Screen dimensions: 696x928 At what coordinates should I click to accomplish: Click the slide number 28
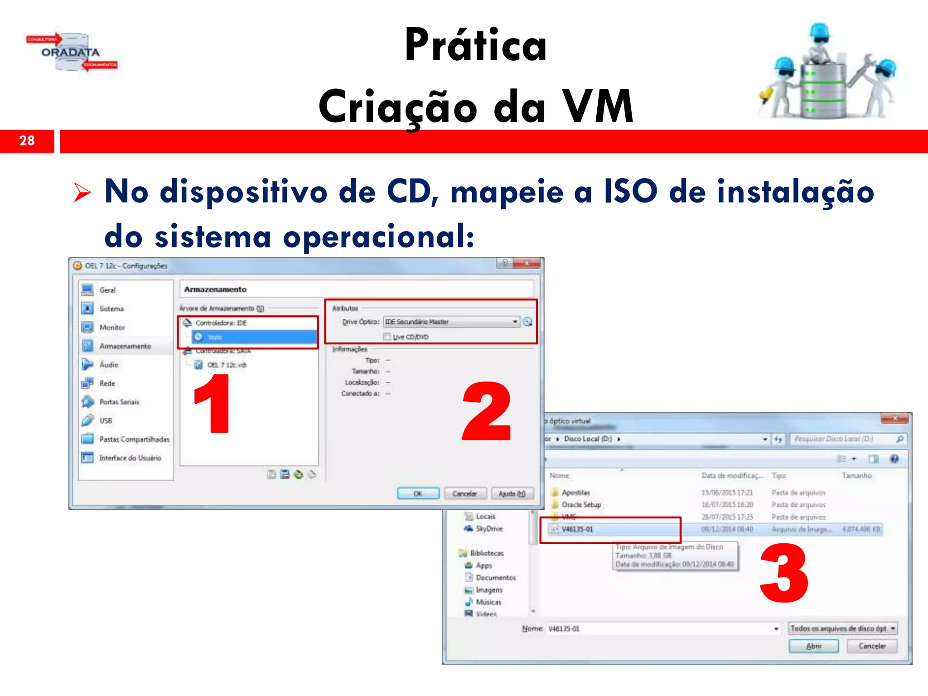click(27, 141)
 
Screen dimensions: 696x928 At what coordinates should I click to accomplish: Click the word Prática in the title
click(476, 45)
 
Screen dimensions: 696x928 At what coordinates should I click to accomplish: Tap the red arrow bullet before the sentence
click(82, 192)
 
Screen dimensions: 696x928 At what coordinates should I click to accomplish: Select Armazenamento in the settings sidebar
click(125, 346)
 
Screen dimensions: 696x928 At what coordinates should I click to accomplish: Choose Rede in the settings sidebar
click(107, 383)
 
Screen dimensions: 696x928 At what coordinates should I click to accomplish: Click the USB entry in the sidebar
click(106, 420)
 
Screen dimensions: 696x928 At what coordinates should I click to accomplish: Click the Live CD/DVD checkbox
click(387, 337)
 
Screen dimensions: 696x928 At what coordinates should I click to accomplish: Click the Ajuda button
click(512, 493)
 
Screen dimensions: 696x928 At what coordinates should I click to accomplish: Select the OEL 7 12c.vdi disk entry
click(227, 365)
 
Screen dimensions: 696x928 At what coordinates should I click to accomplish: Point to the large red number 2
click(487, 411)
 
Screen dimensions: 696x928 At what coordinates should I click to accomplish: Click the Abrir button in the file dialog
click(813, 646)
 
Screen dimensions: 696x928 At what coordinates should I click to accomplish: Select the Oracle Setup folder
click(581, 505)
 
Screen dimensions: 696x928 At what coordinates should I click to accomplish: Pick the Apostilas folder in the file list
click(575, 493)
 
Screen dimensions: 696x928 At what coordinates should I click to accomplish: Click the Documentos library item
click(496, 578)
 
